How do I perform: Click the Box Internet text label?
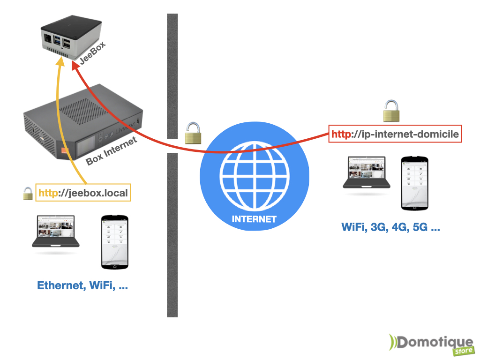111,151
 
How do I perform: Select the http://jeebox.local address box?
82,193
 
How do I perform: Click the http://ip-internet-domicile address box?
395,135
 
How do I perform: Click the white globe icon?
255,175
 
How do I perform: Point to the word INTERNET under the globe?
255,219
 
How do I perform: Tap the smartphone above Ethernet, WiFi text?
115,242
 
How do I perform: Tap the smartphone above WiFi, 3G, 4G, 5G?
414,183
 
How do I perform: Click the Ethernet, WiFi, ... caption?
82,285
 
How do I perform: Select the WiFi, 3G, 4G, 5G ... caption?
390,228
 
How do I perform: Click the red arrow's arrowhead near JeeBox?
75,67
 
